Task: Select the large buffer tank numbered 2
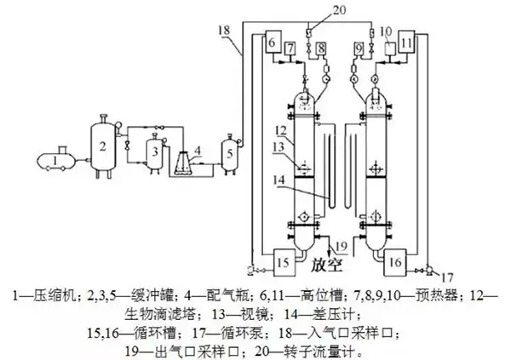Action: (102, 148)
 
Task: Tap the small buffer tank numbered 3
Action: (153, 153)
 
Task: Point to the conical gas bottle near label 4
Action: (184, 163)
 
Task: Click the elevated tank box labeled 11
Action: (406, 43)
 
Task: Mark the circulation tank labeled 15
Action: (284, 259)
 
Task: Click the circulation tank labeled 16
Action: (399, 259)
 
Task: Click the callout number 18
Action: (225, 31)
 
